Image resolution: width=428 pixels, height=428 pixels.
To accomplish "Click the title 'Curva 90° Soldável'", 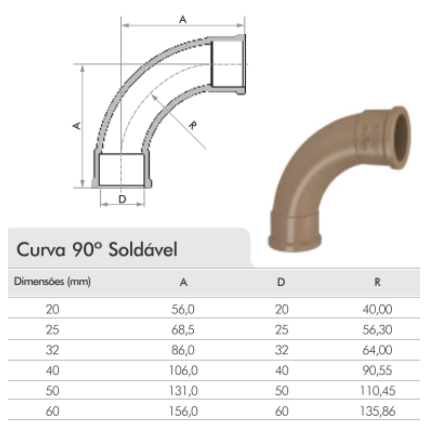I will click(97, 250).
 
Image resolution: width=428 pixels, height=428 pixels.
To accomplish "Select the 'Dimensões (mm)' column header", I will click(52, 282).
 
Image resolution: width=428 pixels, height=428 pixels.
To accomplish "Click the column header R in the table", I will click(377, 282).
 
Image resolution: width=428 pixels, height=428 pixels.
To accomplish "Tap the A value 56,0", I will click(183, 309).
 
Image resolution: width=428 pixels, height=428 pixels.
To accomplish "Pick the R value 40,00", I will click(377, 309).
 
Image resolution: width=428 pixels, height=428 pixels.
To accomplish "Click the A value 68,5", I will click(183, 330).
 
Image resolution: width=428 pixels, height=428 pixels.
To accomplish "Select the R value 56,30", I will click(377, 330).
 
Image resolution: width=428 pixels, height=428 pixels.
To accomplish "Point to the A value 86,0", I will click(183, 350).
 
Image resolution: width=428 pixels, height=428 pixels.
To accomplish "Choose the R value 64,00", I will click(377, 350).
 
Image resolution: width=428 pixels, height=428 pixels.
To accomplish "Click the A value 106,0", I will click(183, 371).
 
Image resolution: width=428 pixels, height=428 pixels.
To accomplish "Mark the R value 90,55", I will click(377, 371).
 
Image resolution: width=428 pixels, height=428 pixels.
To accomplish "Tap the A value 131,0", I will click(183, 391).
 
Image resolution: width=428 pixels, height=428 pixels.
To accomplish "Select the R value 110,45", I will click(377, 391).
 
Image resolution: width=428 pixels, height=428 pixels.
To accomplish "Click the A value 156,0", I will click(183, 411).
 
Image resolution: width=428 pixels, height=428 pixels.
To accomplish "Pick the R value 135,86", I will click(377, 411).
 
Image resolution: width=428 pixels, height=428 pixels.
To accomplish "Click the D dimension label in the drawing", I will click(122, 199).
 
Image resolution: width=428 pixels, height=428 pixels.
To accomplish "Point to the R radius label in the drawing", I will click(193, 126).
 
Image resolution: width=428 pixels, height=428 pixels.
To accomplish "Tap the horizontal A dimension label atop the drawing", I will click(183, 20).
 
